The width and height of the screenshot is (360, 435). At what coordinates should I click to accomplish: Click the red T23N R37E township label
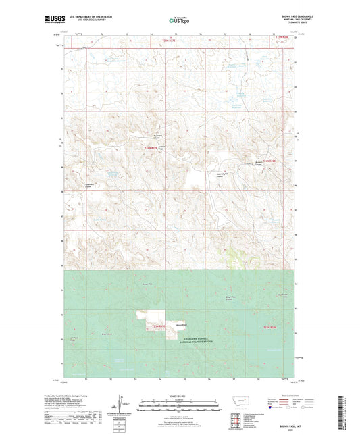point(157,327)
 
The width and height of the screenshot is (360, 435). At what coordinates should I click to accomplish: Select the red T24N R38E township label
point(269,161)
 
